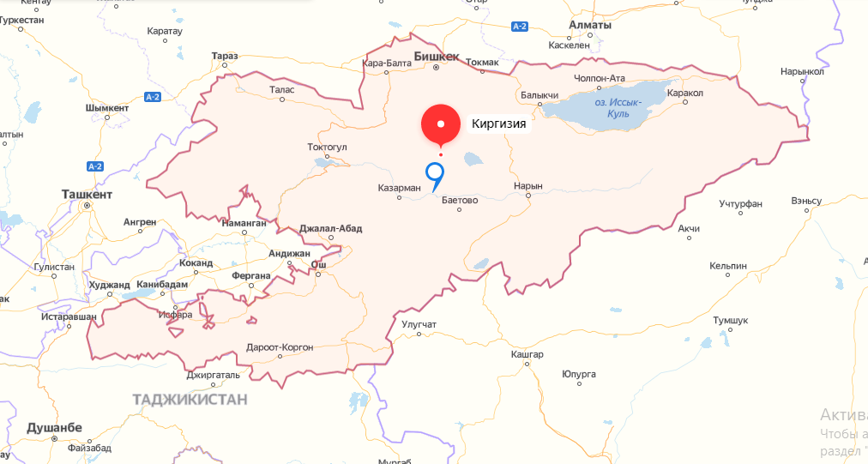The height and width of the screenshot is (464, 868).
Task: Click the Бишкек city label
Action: click(x=437, y=57)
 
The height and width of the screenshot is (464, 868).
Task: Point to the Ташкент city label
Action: click(x=87, y=195)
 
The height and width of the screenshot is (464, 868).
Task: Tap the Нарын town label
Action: click(x=527, y=185)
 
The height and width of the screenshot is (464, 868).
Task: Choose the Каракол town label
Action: click(x=684, y=92)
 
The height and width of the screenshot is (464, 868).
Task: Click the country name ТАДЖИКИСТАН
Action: click(x=190, y=399)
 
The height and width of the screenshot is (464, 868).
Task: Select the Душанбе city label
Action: click(x=54, y=427)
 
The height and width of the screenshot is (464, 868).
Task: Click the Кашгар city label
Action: click(x=527, y=354)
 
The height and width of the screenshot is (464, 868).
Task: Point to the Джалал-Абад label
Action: click(x=331, y=228)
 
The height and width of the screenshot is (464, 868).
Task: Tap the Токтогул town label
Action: click(x=327, y=147)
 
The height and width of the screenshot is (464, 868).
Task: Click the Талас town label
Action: click(x=281, y=89)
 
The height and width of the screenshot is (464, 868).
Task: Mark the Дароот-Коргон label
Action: click(x=280, y=347)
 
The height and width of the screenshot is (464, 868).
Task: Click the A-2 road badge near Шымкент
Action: click(x=153, y=96)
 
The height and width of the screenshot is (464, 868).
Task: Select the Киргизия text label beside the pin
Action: click(x=498, y=124)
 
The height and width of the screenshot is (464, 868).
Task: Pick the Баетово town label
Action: click(x=460, y=199)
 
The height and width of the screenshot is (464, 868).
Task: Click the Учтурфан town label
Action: click(x=741, y=202)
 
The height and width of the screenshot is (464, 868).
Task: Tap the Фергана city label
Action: click(x=251, y=276)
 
